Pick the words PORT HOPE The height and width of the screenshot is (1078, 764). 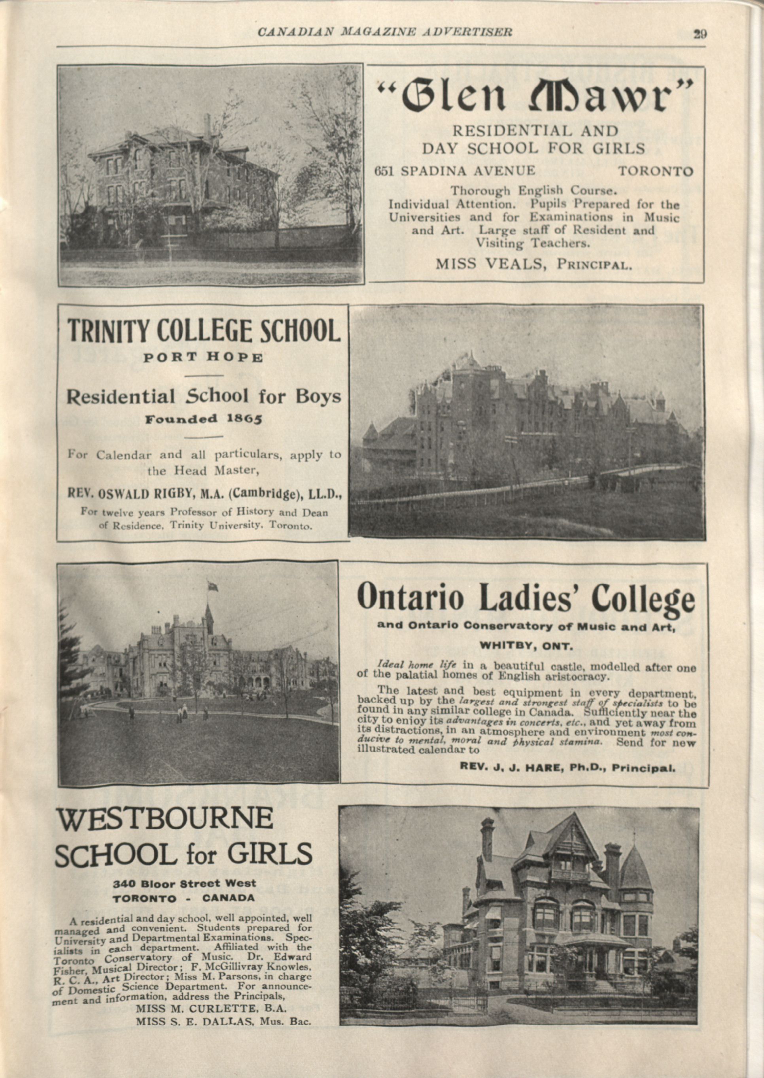(x=203, y=357)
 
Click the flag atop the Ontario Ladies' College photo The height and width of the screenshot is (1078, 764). (x=213, y=586)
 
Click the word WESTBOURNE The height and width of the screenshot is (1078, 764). (x=165, y=818)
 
